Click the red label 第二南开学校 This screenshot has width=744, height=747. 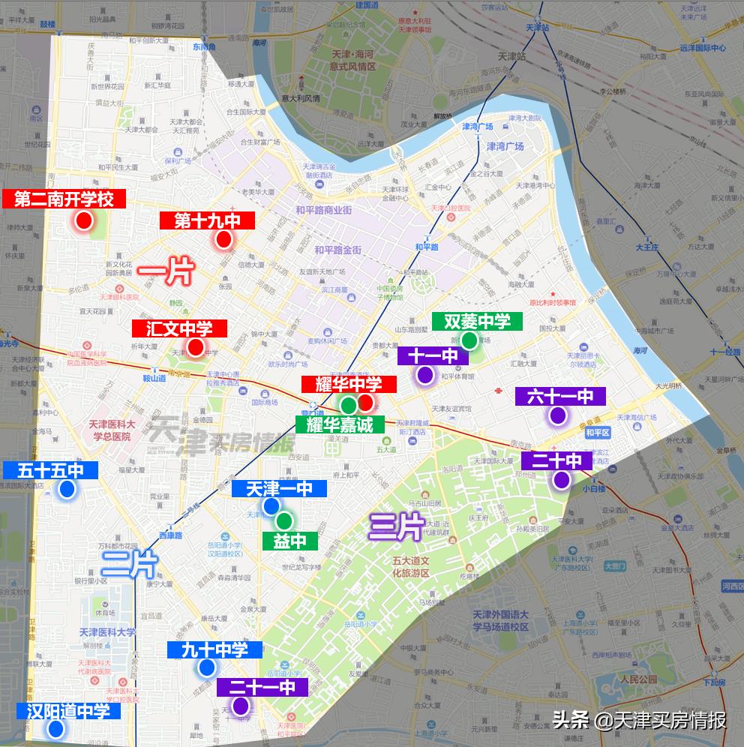tap(64, 199)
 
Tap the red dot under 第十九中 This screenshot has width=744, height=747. tap(223, 240)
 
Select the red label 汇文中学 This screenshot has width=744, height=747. tap(179, 328)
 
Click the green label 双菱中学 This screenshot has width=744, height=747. tap(477, 322)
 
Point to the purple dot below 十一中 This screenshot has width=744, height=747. tap(425, 375)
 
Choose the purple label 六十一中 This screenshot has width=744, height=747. tap(560, 396)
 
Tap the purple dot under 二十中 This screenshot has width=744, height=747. tap(561, 481)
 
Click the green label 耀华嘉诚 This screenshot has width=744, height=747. tap(340, 424)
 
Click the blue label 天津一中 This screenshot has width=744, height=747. tap(279, 489)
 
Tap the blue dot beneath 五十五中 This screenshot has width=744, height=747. tap(67, 490)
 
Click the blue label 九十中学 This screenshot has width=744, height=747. tap(214, 649)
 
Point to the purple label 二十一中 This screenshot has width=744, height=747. tap(256, 687)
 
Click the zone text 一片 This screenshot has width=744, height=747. tap(166, 271)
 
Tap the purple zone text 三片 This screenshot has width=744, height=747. tap(397, 527)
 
